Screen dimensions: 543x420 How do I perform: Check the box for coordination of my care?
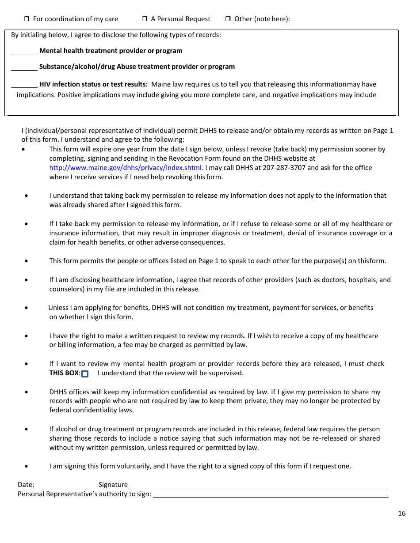(x=26, y=19)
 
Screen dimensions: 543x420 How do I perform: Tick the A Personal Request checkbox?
(x=145, y=19)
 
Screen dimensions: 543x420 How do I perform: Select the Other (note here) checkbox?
(x=228, y=19)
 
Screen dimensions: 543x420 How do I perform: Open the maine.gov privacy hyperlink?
(x=125, y=168)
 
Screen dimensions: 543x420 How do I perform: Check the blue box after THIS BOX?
(x=85, y=374)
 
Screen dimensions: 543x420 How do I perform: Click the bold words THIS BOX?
(x=64, y=373)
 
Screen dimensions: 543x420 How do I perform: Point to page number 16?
(x=401, y=513)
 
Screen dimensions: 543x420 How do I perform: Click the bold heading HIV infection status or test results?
(x=93, y=84)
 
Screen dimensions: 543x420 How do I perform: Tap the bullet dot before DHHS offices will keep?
(x=27, y=392)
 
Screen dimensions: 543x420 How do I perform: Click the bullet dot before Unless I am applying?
(x=27, y=308)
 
